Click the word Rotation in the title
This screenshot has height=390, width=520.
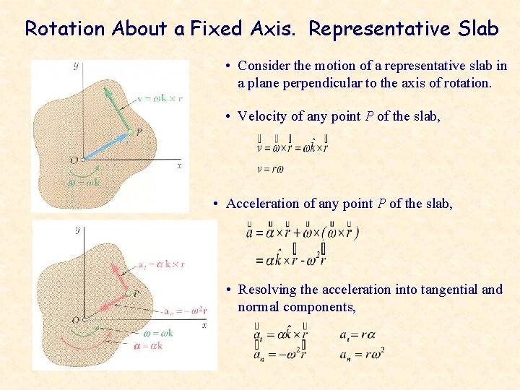click(x=64, y=29)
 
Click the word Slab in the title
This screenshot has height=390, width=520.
click(x=478, y=29)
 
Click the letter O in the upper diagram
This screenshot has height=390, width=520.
click(x=74, y=160)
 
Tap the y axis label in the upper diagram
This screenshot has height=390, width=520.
click(x=76, y=66)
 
